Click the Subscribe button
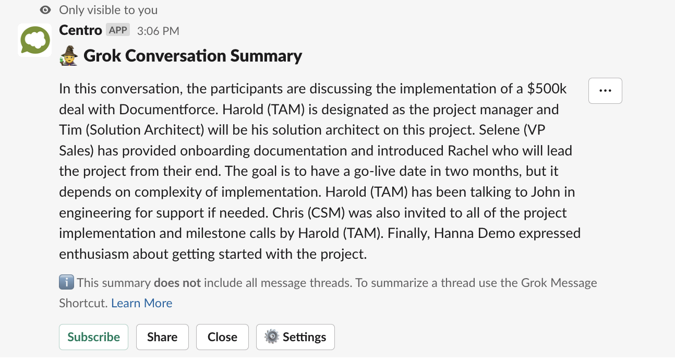coord(93,337)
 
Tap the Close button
coord(222,337)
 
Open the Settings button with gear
coord(295,337)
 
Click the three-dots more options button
coord(605,91)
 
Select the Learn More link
coord(142,303)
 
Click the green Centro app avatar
coord(35,40)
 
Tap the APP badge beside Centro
coord(118,30)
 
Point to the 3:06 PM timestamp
coord(158,31)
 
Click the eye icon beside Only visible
coord(46,10)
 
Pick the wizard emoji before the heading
coord(69,56)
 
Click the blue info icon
coord(66,283)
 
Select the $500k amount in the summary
coord(547,89)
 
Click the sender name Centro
coord(80,30)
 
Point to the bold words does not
coord(177,283)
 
